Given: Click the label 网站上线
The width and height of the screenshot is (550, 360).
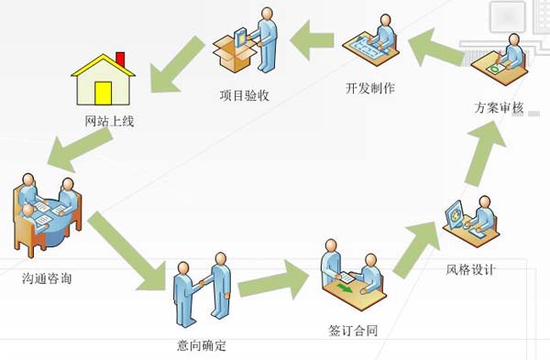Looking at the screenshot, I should tap(109, 119).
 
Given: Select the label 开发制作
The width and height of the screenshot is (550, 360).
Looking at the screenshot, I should tap(370, 89).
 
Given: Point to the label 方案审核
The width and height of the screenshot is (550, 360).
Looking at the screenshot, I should tap(499, 107).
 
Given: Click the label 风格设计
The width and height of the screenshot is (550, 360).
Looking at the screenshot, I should tap(470, 268).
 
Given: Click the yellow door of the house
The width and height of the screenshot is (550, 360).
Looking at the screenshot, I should tap(103, 93).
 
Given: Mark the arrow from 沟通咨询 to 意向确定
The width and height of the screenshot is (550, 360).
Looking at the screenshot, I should tap(125, 246).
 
